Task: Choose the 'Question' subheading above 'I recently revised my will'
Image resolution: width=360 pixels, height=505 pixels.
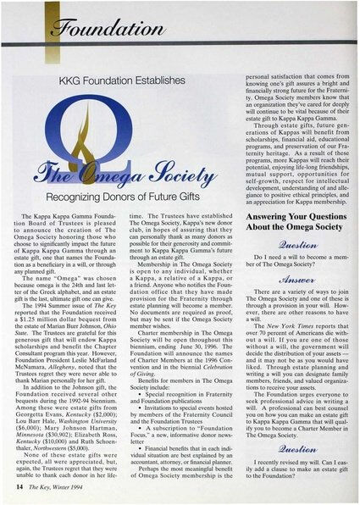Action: coord(291,451)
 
